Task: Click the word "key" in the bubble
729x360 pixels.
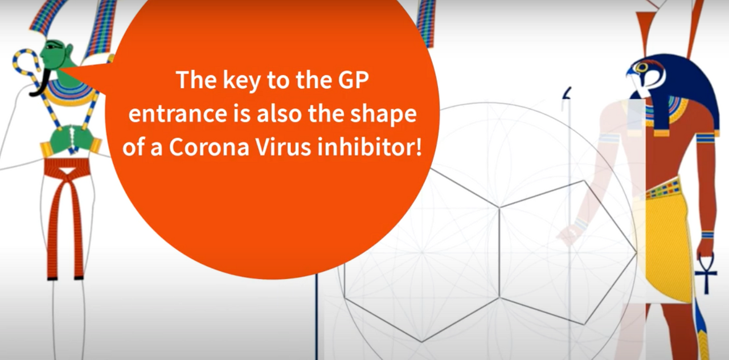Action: [241, 81]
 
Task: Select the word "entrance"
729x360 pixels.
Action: [178, 113]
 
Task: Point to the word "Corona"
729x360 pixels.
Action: [209, 147]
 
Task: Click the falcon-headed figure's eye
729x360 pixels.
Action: [642, 67]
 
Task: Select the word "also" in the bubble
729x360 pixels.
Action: [280, 113]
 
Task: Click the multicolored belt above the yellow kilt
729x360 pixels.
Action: [662, 188]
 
